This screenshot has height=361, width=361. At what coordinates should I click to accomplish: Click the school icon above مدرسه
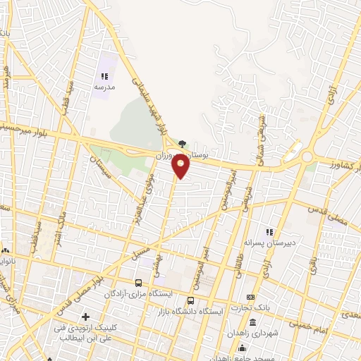pos(104,76)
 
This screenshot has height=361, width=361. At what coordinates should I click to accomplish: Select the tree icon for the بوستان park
pos(183,143)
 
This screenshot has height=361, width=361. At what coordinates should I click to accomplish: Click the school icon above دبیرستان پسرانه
pos(268,232)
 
